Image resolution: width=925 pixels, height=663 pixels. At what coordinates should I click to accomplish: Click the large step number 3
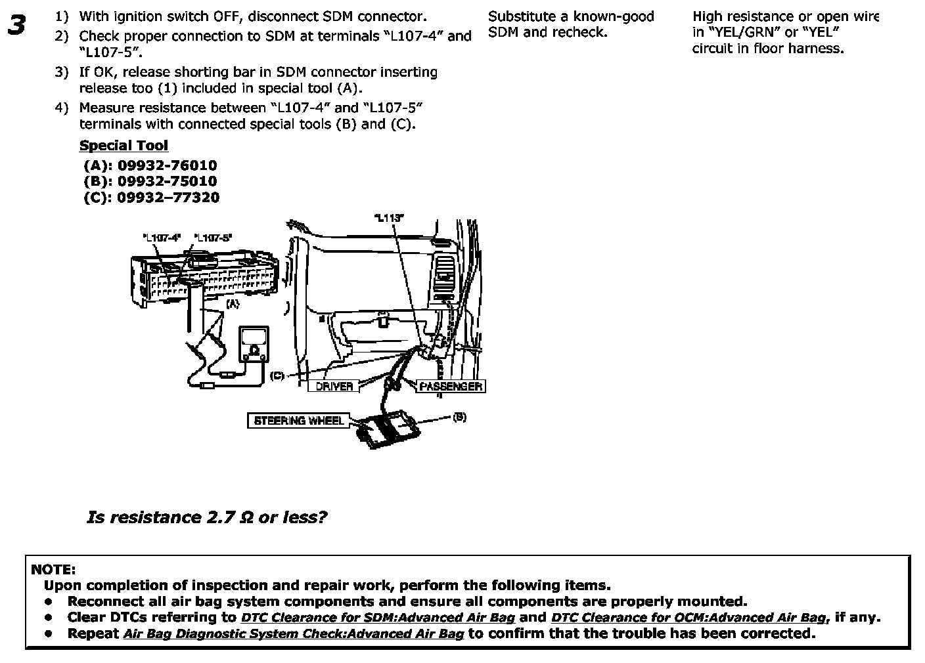(x=17, y=26)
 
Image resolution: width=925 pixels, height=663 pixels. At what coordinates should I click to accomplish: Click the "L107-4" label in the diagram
(x=161, y=238)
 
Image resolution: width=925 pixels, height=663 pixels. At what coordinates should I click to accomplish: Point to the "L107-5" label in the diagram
(x=214, y=238)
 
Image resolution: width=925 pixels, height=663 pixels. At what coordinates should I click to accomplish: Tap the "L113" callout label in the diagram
(x=388, y=218)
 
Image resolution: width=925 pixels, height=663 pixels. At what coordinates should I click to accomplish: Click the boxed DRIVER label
(x=334, y=387)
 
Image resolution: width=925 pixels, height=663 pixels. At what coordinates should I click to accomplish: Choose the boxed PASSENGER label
(x=451, y=387)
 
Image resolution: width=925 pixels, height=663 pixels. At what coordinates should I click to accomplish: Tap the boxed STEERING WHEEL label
(x=298, y=420)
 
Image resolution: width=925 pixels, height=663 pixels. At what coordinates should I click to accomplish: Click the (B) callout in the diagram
(x=459, y=417)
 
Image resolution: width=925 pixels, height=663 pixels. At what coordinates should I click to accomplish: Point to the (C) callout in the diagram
(x=277, y=375)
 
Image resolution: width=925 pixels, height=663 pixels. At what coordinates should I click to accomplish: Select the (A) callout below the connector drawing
(x=233, y=304)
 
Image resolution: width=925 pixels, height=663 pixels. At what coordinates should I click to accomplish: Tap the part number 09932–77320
(x=168, y=197)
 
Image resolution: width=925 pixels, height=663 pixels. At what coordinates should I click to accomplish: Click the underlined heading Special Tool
(x=124, y=146)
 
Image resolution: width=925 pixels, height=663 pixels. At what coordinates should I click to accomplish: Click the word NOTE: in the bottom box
(x=53, y=569)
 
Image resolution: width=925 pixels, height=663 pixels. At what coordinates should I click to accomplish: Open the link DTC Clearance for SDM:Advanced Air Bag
(x=378, y=618)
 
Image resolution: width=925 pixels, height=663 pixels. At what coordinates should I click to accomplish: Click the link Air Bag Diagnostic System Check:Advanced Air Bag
(x=293, y=634)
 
